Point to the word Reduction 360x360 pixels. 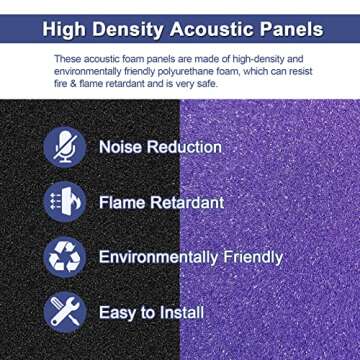tap(187, 147)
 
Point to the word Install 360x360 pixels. tap(181, 312)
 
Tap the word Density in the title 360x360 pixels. tap(135, 29)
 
